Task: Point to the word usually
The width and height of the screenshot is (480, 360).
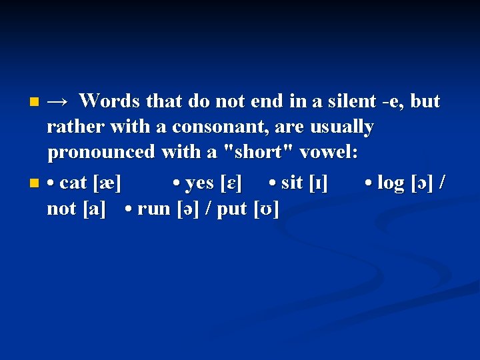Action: point(341,127)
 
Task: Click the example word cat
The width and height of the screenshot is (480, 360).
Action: point(74,183)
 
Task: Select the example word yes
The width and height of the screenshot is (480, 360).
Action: point(199,183)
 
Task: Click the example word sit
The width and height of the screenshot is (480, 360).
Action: point(293,183)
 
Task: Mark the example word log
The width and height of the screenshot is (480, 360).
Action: point(391,183)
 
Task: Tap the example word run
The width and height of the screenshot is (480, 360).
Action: point(154,209)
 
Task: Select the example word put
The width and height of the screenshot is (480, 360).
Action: point(233,209)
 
